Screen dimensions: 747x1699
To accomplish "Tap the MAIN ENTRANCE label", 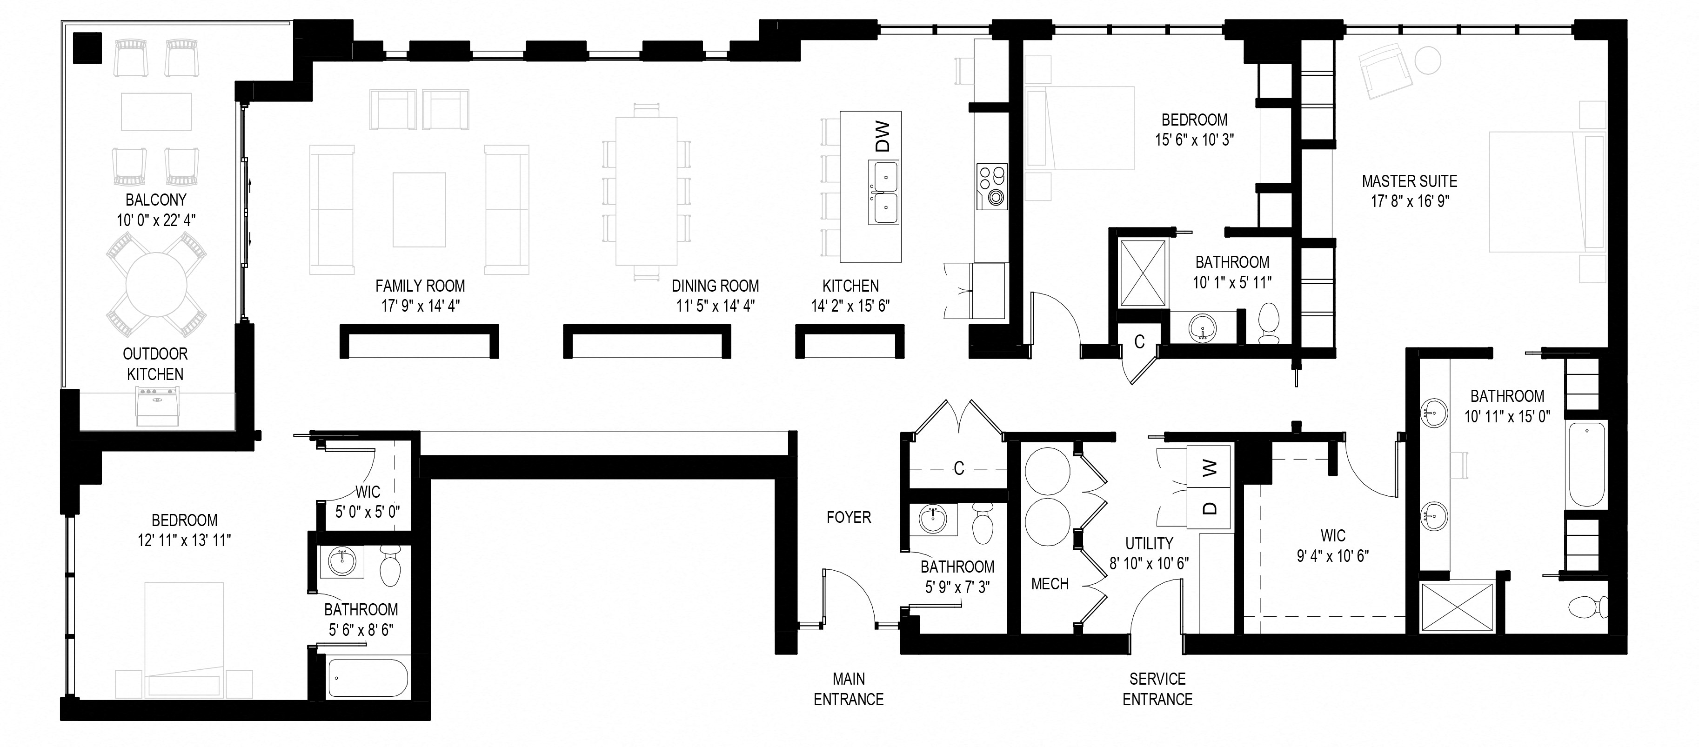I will click(848, 689).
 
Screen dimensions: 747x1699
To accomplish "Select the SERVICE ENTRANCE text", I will click(1157, 689).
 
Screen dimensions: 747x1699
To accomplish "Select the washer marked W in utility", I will click(1209, 468).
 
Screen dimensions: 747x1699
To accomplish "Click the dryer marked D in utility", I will click(1209, 507).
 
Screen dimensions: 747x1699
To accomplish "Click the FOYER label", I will click(849, 518).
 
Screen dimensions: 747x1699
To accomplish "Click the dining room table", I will click(646, 191).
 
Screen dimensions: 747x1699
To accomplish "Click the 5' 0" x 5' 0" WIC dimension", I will click(368, 512).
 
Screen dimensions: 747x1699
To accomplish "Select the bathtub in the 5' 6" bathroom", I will click(368, 678).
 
